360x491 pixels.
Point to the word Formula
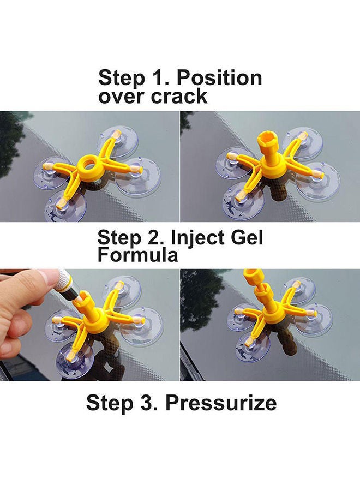[x=138, y=255]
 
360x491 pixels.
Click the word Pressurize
[x=221, y=404]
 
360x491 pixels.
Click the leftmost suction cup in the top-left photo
[x=52, y=173]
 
